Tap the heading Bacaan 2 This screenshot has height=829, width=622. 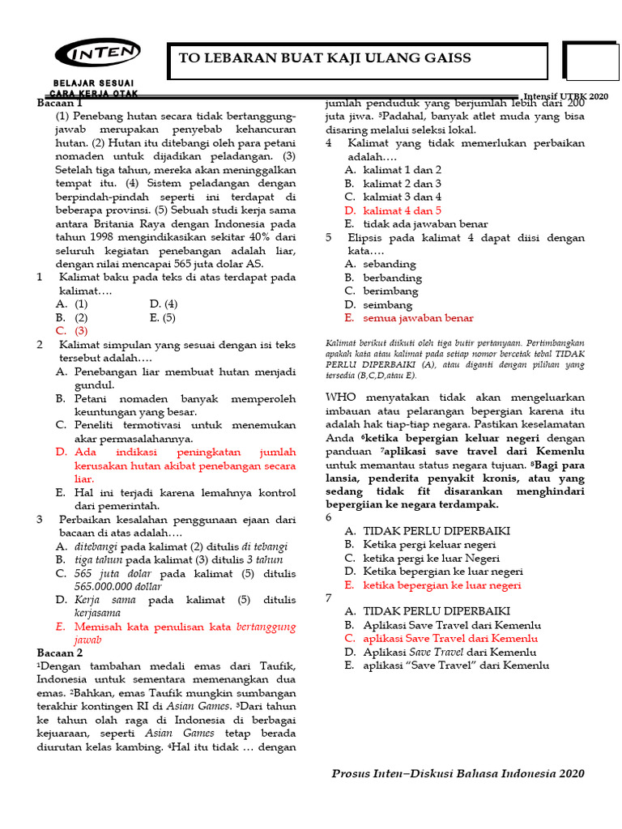pos(60,653)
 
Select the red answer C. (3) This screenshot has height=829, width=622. pos(72,331)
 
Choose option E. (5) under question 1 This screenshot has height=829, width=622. pos(164,317)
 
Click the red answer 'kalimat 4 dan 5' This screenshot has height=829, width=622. pos(402,210)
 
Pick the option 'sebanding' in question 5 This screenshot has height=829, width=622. pos(390,264)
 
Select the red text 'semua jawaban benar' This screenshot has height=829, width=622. pos(418,318)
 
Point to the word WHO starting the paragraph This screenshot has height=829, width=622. pos(340,397)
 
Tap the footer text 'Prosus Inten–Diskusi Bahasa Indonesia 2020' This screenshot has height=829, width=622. pos(458,773)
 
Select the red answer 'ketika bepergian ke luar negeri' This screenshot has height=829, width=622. pos(442,585)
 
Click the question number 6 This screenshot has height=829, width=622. pos(328,517)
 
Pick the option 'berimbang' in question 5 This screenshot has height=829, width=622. pos(390,291)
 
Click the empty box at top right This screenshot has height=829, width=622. pos(592,62)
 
